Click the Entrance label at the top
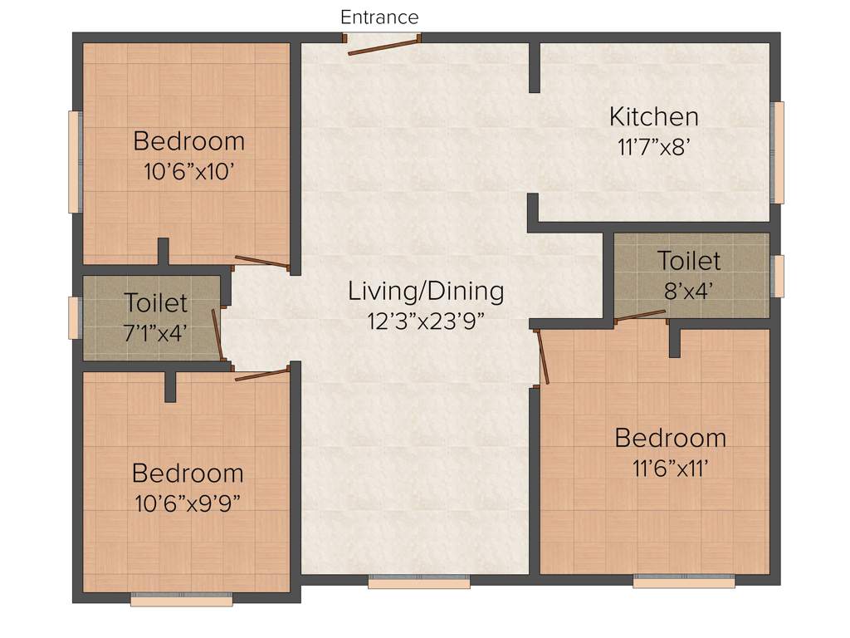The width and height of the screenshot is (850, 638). point(379,17)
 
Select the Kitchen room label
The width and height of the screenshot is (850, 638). point(653,116)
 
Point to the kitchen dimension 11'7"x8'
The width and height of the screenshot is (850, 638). point(653,148)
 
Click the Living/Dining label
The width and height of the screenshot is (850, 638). point(425,291)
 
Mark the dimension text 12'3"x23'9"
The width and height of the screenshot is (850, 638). point(425,321)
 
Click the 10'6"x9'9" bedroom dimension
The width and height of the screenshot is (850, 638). point(188,503)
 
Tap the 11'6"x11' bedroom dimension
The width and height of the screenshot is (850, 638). point(670,468)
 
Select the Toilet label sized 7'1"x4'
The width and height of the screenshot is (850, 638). point(155,302)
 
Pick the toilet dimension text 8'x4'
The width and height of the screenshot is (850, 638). point(688,290)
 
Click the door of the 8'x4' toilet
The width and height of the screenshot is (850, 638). point(640,315)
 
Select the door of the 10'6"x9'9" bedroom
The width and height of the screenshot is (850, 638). point(261,375)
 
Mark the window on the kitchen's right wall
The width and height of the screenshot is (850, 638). point(778,153)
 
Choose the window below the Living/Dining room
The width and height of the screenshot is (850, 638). point(418,582)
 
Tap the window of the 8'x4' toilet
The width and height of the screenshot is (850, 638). point(778,276)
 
